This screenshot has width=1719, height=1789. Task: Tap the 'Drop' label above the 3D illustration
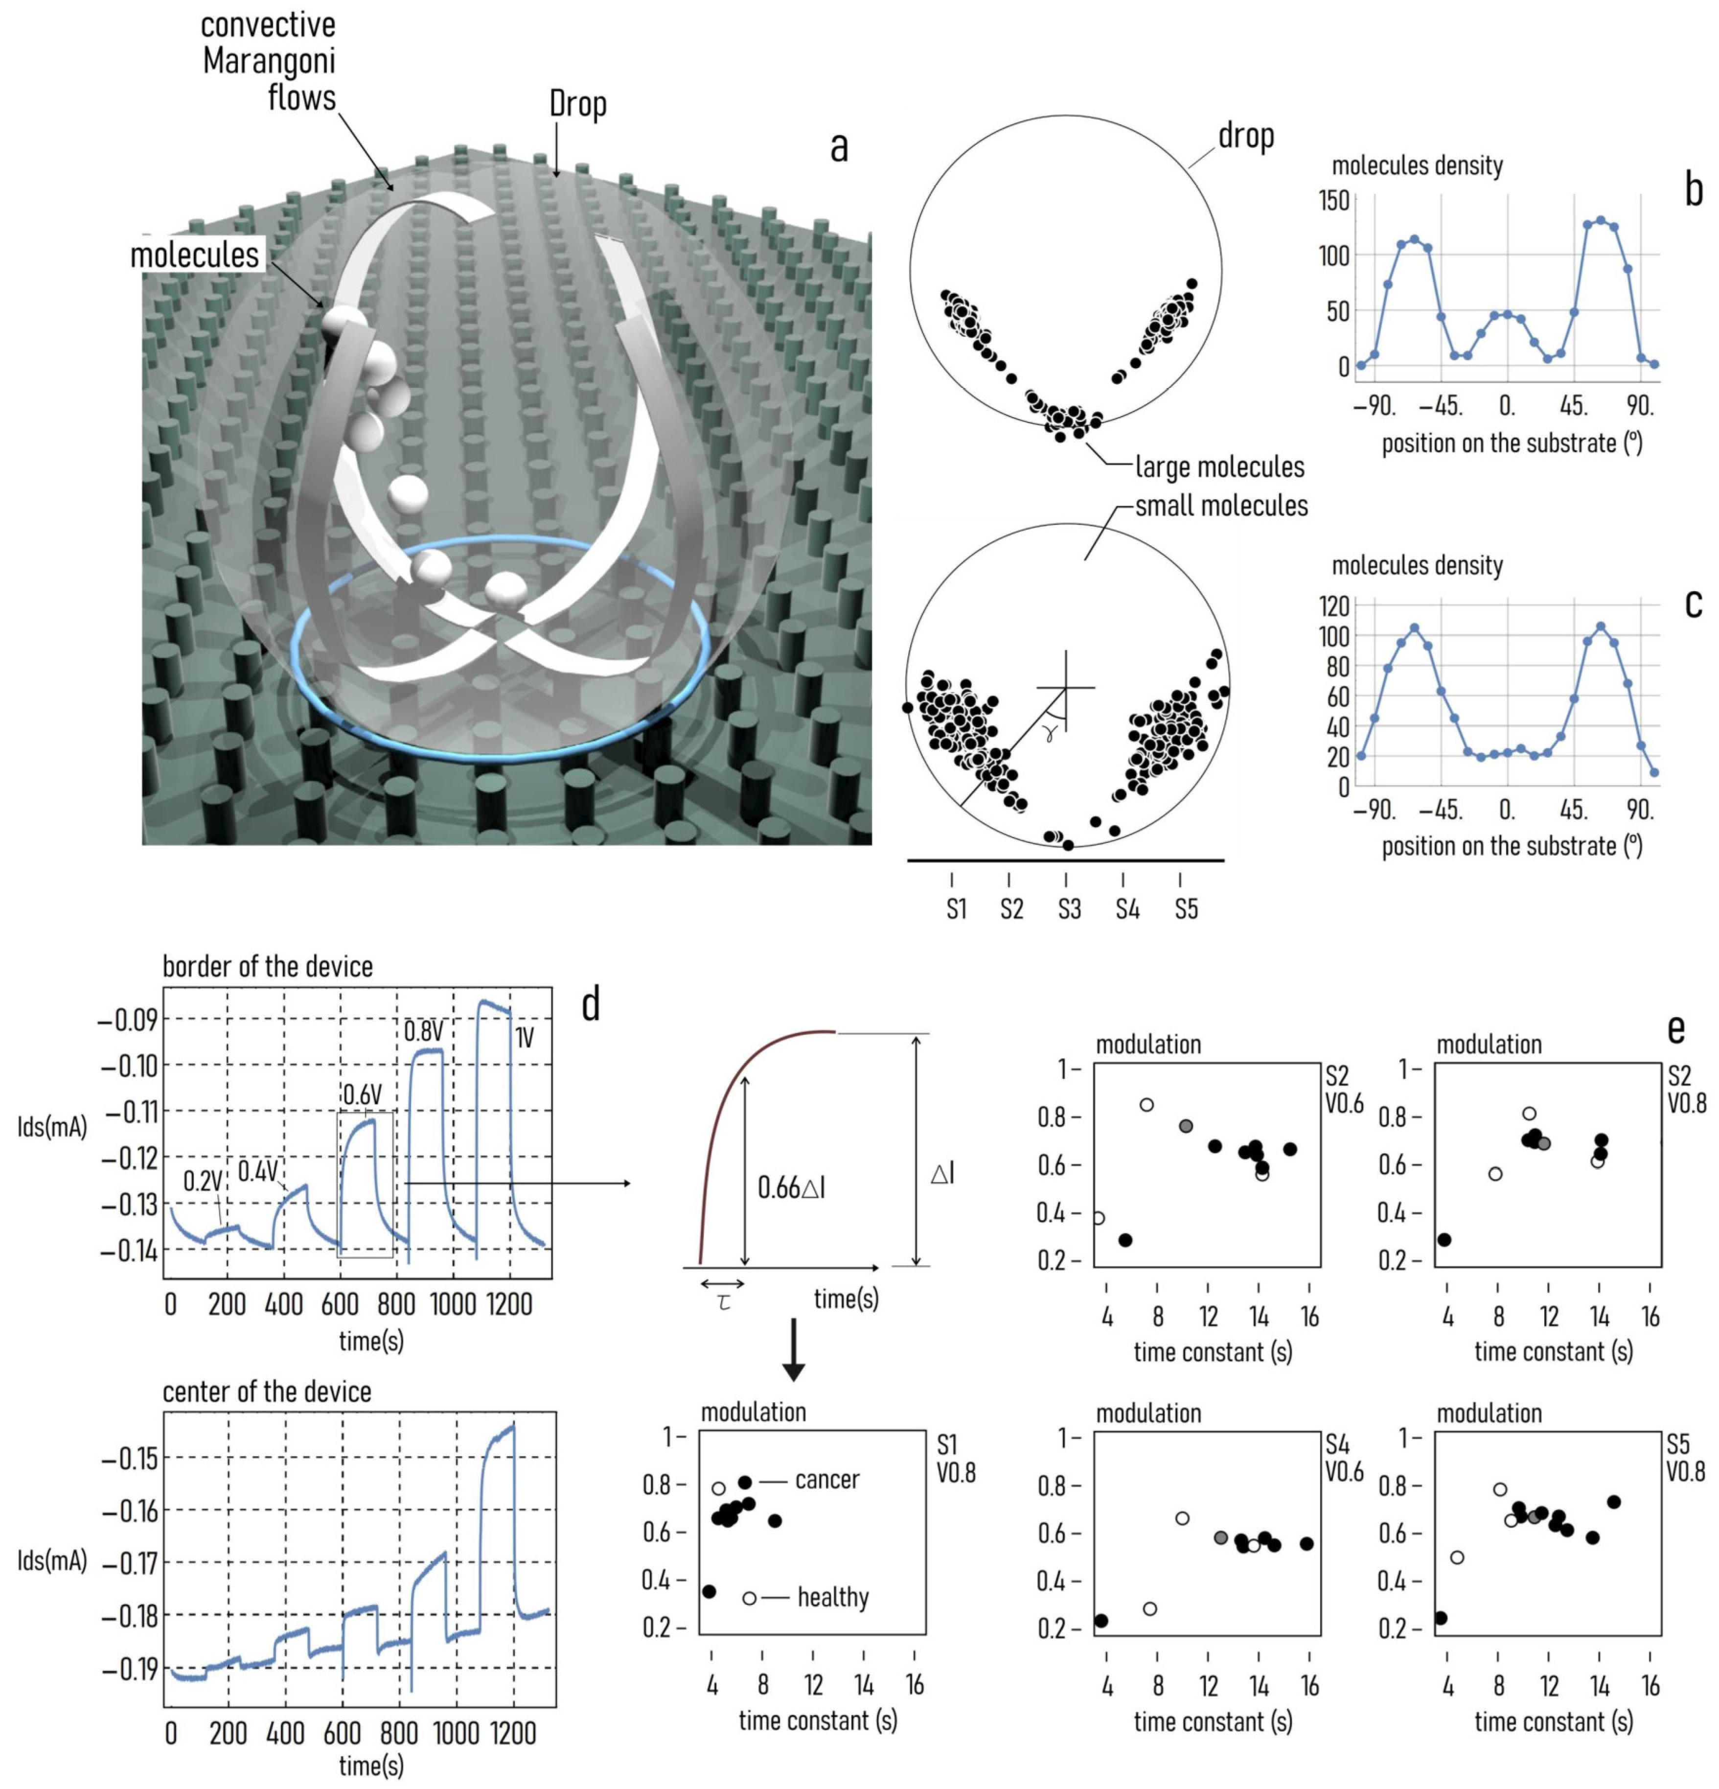click(577, 104)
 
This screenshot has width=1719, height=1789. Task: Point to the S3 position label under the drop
click(1069, 909)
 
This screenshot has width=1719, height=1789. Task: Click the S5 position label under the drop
click(1185, 909)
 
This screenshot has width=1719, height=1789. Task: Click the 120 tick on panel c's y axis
click(1334, 605)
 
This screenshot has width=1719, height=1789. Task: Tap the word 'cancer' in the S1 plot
click(826, 1480)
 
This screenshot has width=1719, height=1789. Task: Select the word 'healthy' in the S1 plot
click(832, 1597)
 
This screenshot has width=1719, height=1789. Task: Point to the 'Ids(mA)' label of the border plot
click(52, 1127)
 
